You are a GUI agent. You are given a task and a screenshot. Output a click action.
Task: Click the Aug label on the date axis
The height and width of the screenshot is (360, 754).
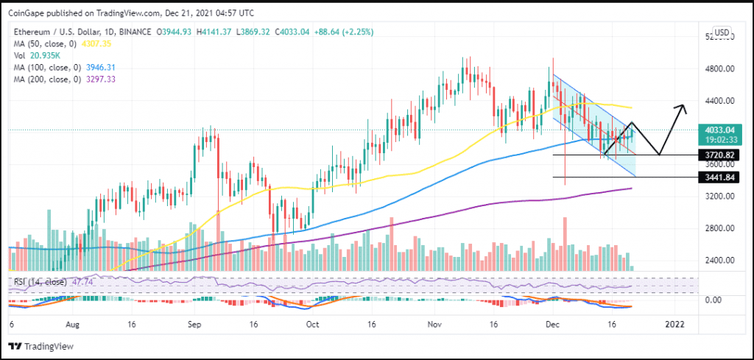[72, 323]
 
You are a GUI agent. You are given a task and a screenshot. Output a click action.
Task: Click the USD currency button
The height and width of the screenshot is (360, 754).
[722, 32]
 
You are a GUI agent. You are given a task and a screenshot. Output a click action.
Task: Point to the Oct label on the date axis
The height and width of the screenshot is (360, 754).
[312, 323]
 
